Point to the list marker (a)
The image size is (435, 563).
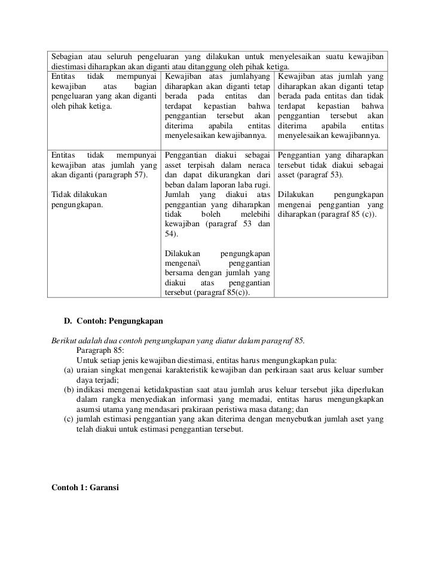(68, 371)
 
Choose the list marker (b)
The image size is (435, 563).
(68, 390)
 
